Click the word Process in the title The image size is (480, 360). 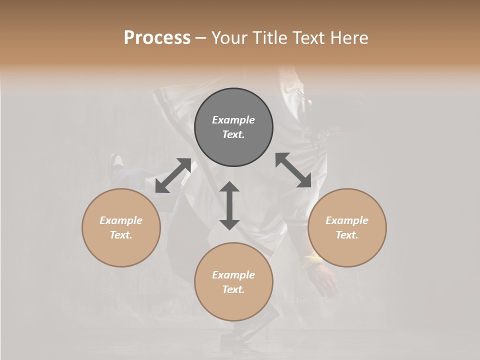click(x=157, y=38)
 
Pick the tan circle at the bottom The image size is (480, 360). click(x=233, y=305)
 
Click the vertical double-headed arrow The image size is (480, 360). click(x=229, y=205)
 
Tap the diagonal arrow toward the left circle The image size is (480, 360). click(x=173, y=175)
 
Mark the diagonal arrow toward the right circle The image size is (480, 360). click(x=293, y=170)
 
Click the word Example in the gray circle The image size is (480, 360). click(x=233, y=120)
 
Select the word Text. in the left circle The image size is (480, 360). click(x=121, y=235)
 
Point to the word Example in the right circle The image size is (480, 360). click(x=347, y=220)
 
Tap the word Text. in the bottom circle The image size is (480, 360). click(x=233, y=289)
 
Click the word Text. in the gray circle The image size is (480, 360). click(x=233, y=134)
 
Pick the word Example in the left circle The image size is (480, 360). click(x=121, y=220)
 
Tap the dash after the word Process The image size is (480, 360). click(x=201, y=38)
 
